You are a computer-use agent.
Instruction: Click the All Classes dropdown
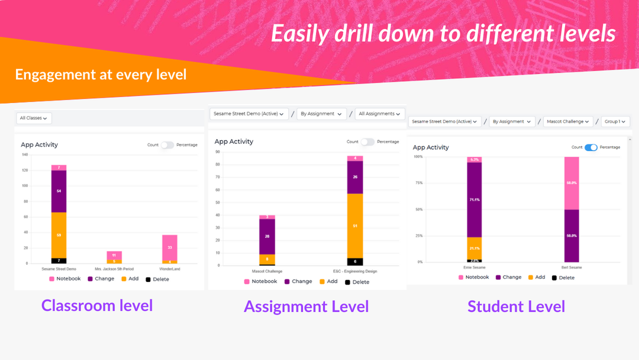coord(34,118)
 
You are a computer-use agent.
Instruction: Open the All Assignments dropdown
coord(380,114)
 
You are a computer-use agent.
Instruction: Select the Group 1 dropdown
coord(615,121)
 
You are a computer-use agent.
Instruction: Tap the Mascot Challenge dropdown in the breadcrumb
coord(568,121)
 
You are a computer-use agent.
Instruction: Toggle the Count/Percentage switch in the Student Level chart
coord(590,147)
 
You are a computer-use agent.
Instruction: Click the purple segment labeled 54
coord(59,191)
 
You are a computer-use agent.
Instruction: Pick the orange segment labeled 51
coord(355,226)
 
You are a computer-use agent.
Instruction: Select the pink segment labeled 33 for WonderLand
coord(170,247)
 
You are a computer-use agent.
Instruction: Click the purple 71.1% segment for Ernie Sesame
coord(475,200)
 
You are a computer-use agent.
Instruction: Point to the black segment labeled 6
coord(355,261)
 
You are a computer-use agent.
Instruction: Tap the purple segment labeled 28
coord(267,236)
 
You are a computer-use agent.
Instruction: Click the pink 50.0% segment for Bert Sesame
coord(572,183)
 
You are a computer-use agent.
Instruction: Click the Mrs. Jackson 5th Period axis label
coord(114,269)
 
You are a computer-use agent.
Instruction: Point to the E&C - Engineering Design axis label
coord(355,271)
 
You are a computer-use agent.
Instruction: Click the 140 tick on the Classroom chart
coord(25,155)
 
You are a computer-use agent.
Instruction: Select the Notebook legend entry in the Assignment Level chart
coord(260,282)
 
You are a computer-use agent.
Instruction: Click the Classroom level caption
coord(97,306)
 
